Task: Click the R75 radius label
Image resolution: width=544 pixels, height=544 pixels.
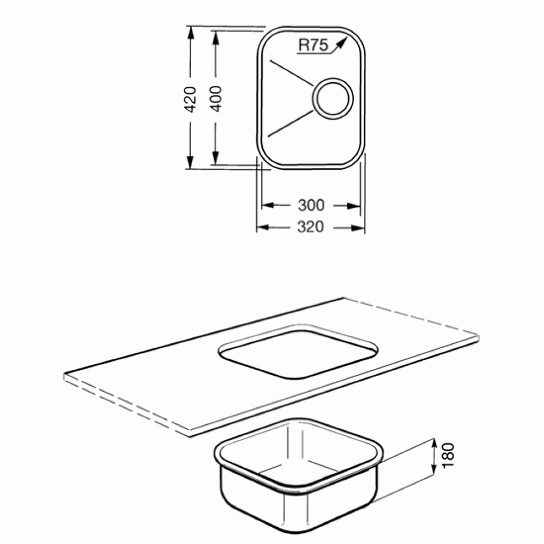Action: click(313, 45)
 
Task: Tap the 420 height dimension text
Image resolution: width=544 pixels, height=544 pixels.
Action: click(190, 99)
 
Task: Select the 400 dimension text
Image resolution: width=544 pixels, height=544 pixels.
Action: click(216, 98)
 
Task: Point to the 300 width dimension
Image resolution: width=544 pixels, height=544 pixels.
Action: click(311, 205)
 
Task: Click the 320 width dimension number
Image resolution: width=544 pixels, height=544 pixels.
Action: click(311, 227)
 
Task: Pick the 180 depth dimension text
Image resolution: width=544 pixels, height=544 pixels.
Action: click(448, 455)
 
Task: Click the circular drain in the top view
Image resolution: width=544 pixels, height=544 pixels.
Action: click(333, 98)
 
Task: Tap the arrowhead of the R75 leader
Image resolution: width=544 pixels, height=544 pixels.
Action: click(342, 42)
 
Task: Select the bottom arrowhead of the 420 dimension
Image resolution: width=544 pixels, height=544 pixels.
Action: click(190, 162)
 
